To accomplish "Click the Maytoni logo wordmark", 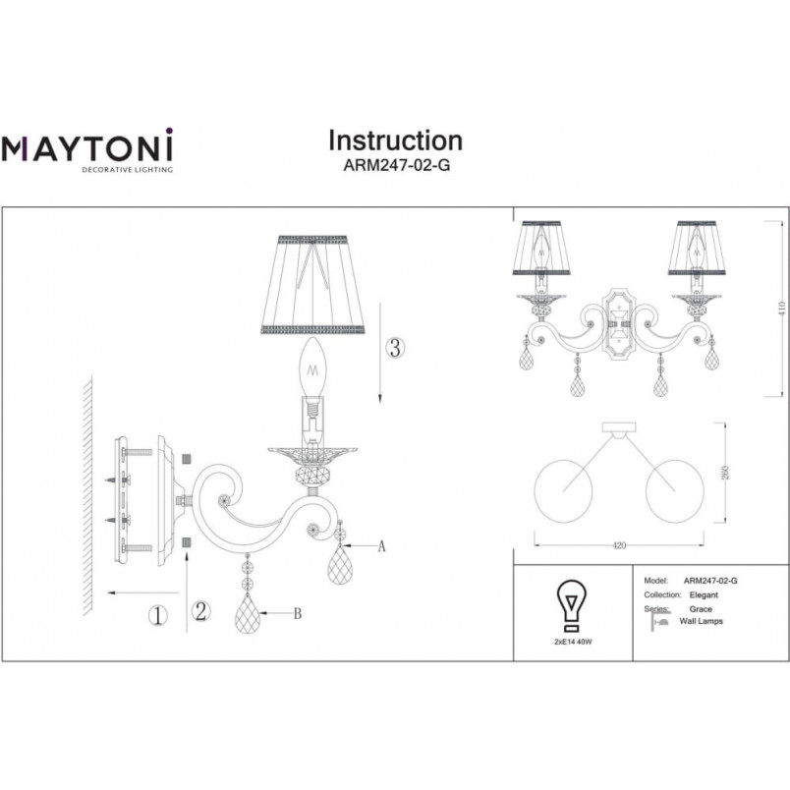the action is (86, 146).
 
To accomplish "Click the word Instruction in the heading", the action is (396, 141).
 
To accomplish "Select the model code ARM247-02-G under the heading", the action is (397, 165).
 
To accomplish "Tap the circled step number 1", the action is (157, 616).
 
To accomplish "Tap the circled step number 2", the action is (201, 611).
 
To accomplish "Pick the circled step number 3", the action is (396, 348).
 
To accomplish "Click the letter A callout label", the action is (381, 545).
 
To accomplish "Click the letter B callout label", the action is (298, 613).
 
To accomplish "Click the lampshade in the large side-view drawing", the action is (312, 285).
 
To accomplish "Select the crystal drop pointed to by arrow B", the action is (248, 613).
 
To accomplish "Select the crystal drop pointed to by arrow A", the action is (340, 565).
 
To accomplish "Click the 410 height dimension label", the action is (781, 309).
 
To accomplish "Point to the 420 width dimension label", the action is (619, 545).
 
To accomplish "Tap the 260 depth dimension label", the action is (725, 473).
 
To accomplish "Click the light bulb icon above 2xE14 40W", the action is (571, 605).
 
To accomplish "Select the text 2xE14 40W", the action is (572, 642).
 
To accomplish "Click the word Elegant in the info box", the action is (704, 595).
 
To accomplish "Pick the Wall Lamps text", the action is (701, 621).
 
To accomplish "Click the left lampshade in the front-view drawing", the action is (541, 248).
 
